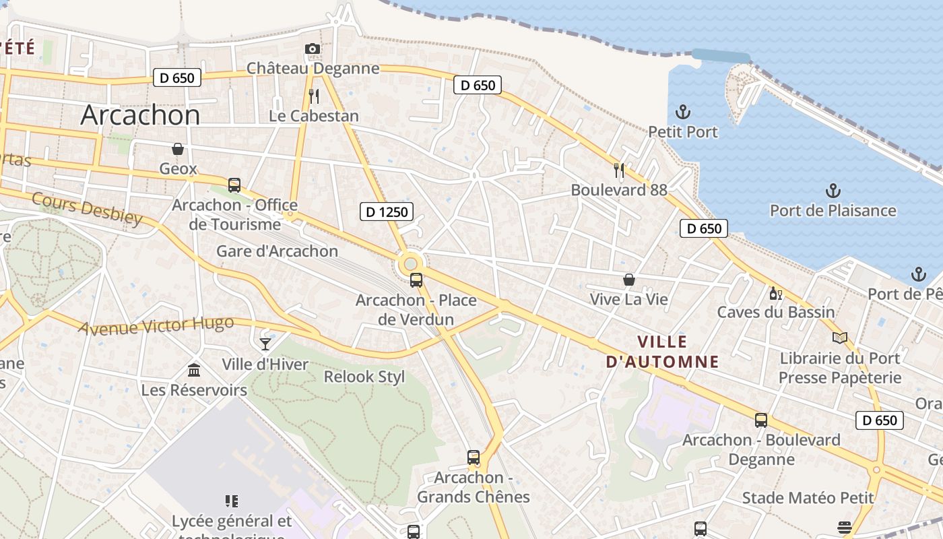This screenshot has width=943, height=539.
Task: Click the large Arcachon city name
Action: pos(140,115)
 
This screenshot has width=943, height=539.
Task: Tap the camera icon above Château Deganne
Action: pos(312,49)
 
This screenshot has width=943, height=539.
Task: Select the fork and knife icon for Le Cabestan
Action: pos(313,96)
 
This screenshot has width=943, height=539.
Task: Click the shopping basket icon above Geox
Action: pos(178,148)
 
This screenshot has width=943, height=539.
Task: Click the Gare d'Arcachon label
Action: pos(277,251)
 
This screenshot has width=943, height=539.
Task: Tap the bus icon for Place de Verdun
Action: pos(416,280)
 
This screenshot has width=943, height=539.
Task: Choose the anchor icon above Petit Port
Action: pos(683,111)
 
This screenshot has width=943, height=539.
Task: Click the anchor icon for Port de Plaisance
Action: pos(833,190)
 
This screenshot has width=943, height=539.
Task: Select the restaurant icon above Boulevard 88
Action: pos(619,170)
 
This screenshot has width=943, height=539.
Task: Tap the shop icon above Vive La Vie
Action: pos(629,279)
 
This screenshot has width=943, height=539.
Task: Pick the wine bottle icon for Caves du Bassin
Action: pos(776,293)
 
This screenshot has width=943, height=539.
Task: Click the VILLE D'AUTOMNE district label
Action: pos(662,351)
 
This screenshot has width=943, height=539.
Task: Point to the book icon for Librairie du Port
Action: pos(839,338)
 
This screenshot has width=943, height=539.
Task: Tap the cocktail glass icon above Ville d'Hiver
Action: pos(265,344)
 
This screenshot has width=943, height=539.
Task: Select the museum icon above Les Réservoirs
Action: pos(194,370)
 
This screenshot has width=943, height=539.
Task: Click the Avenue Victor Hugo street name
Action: pos(156,326)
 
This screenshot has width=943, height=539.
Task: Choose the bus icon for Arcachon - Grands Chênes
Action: pos(474,457)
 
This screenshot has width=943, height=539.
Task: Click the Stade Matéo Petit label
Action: pos(808,498)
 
